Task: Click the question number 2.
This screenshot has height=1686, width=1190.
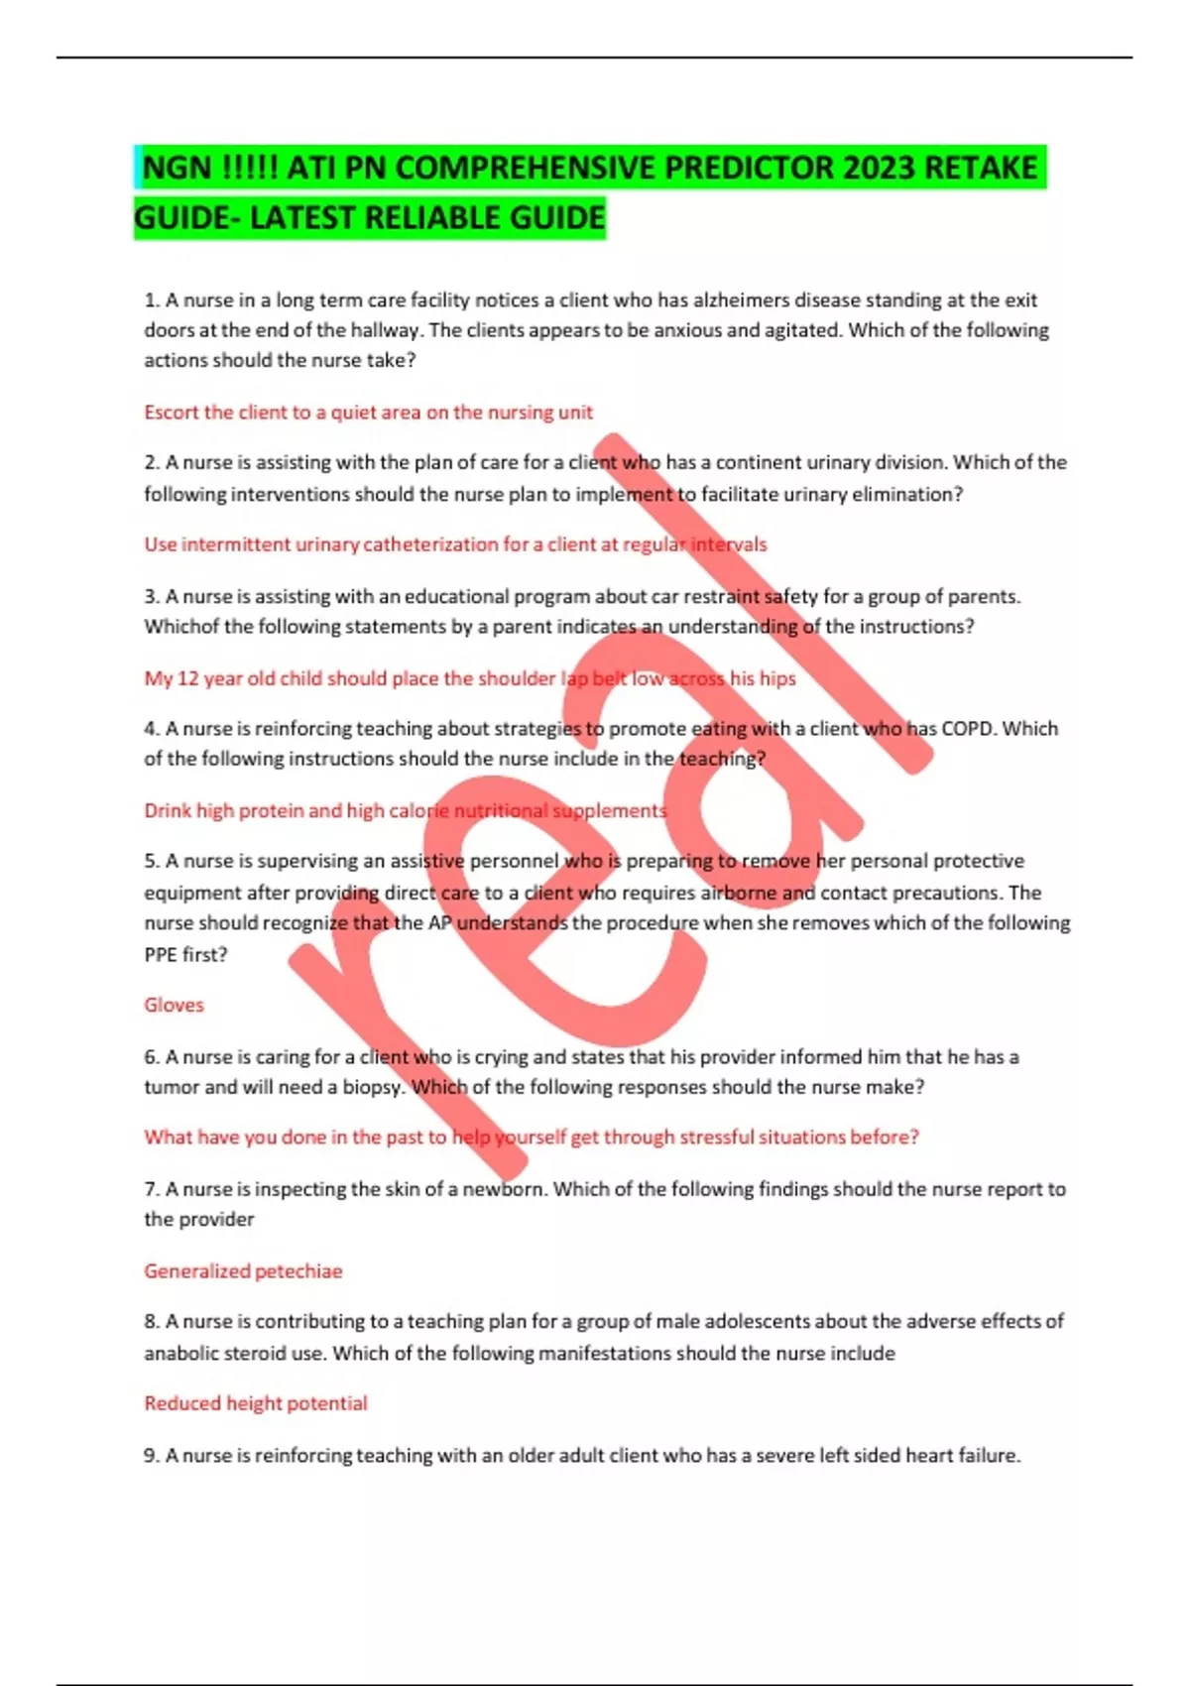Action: (x=152, y=462)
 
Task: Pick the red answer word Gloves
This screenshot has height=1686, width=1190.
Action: (x=174, y=1005)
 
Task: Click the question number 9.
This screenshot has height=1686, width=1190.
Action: (x=152, y=1455)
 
